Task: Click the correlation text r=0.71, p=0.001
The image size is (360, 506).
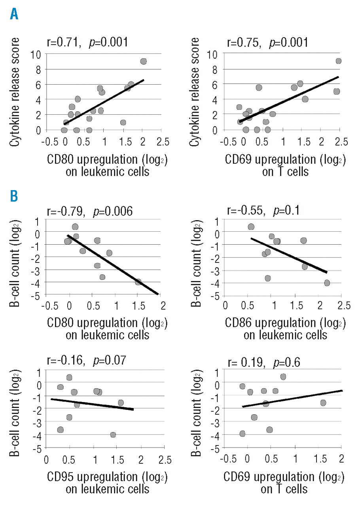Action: [x=86, y=41]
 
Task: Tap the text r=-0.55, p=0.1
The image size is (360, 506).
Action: [x=263, y=211]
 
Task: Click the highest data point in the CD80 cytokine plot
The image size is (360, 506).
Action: [x=143, y=61]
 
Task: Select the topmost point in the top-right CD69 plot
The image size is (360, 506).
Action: [x=338, y=61]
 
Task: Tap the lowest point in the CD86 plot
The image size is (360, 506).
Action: [x=327, y=283]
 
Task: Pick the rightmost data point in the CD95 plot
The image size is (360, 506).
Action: [x=121, y=403]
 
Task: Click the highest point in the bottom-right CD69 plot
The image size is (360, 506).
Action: [x=283, y=377]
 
